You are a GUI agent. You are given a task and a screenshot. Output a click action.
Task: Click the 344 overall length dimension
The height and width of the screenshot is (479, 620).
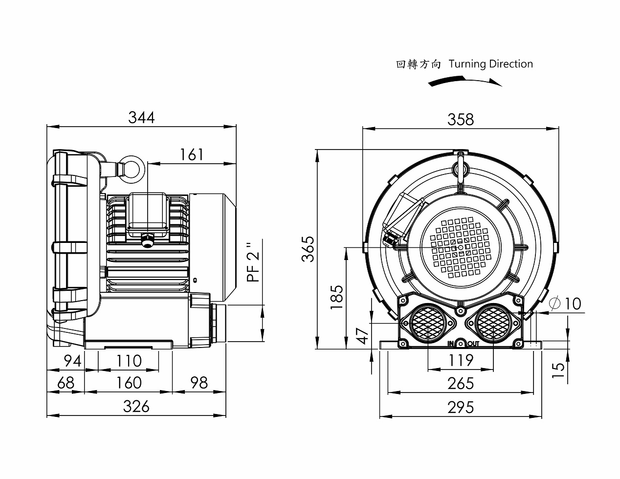[141, 118]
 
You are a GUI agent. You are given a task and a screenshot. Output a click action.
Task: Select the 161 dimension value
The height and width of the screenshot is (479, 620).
[191, 154]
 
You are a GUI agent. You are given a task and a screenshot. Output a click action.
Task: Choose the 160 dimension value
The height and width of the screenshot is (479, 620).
[129, 383]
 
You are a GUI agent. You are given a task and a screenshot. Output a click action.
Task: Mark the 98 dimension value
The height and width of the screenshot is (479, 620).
[199, 383]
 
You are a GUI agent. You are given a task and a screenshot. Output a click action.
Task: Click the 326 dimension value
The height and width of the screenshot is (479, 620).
[136, 406]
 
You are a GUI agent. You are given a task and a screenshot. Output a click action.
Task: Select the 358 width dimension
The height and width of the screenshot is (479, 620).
[461, 119]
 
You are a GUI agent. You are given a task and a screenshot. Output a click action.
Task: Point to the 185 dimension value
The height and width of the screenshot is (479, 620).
[336, 297]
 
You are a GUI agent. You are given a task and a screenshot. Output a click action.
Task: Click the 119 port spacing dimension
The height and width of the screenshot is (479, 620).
[461, 360]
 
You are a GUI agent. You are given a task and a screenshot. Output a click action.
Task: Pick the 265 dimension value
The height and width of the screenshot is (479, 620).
[461, 383]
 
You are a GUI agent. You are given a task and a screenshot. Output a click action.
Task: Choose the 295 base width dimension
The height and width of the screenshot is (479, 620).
[461, 407]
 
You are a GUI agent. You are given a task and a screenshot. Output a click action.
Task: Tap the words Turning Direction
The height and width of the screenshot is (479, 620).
[490, 64]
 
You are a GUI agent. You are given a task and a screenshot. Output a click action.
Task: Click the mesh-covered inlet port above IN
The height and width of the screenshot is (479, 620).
[428, 324]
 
